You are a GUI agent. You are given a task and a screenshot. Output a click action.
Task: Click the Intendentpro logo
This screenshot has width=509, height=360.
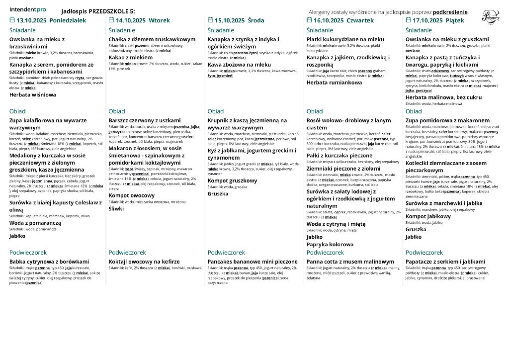point(28,9)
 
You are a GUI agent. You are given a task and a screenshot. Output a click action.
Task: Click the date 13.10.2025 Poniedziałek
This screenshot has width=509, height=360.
point(51,20)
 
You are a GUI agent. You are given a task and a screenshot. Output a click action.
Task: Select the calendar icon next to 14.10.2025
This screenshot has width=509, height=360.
point(111,20)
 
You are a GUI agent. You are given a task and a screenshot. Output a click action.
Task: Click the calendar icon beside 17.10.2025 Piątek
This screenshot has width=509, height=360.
point(409,20)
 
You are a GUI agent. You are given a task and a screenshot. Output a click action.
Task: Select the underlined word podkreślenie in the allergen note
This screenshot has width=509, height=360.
point(450,11)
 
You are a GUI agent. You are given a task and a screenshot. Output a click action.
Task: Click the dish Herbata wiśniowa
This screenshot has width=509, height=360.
point(33,94)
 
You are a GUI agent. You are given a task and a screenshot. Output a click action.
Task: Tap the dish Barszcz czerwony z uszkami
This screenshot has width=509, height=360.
point(145,120)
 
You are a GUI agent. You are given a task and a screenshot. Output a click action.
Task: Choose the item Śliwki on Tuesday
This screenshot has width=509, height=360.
point(116,209)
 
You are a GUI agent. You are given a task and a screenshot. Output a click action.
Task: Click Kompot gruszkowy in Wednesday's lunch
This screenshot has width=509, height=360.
point(232,180)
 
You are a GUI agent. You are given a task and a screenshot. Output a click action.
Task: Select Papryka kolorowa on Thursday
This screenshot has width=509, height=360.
point(330,244)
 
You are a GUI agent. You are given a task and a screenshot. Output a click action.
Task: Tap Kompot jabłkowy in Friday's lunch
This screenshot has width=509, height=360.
point(429,216)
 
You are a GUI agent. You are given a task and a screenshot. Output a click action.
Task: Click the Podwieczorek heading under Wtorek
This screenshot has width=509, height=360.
point(128,252)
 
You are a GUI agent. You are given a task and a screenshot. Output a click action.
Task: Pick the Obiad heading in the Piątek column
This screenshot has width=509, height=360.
point(414,111)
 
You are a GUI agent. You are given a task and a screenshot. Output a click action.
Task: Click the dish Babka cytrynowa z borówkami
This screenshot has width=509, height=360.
point(49,262)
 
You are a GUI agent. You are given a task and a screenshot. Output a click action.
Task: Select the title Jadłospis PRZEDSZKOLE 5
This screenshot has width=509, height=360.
point(97,11)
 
